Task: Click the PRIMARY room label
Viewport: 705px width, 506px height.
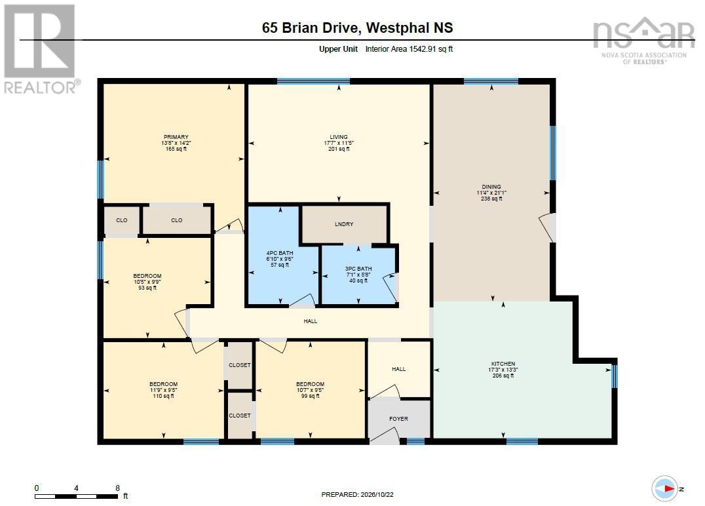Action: (176, 137)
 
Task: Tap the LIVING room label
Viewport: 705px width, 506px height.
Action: (339, 137)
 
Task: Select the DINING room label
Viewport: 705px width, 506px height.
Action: (491, 187)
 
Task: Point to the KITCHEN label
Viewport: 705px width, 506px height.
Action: (503, 364)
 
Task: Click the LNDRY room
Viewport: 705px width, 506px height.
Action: (344, 224)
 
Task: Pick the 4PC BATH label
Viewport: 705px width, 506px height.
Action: (280, 253)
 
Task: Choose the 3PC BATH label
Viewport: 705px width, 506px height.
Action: (358, 269)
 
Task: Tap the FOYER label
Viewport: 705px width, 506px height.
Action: (398, 419)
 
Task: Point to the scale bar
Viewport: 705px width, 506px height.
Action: (77, 497)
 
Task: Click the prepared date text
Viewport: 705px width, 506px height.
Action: (358, 494)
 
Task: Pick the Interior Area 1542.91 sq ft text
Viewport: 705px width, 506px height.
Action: (409, 49)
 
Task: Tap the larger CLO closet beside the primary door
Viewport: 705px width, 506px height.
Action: (177, 220)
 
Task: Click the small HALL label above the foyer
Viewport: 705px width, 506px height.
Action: (398, 369)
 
